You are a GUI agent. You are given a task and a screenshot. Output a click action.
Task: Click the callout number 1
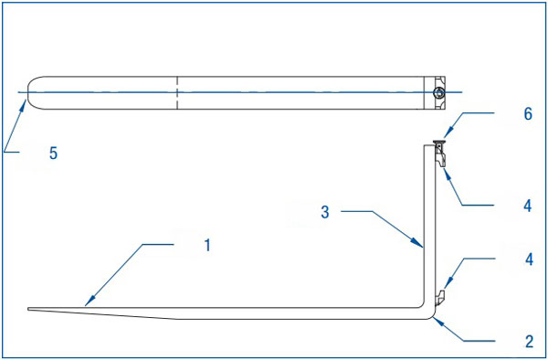coord(207,246)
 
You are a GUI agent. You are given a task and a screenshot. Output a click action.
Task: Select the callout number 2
coord(529,341)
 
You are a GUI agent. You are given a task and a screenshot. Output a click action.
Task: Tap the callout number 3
coord(325,212)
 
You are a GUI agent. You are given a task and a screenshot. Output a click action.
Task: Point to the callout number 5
coord(53,154)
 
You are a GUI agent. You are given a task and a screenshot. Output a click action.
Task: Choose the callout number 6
coord(528,114)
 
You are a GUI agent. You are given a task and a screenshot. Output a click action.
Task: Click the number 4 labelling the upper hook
coord(528,206)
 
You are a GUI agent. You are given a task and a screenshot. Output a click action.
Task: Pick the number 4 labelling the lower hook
coord(529,259)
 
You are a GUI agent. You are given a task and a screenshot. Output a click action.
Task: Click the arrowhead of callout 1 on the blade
coord(90,302)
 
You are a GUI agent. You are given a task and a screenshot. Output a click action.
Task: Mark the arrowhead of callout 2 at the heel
coord(437,322)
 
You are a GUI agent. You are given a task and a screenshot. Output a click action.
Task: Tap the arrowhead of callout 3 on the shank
coord(418,243)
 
